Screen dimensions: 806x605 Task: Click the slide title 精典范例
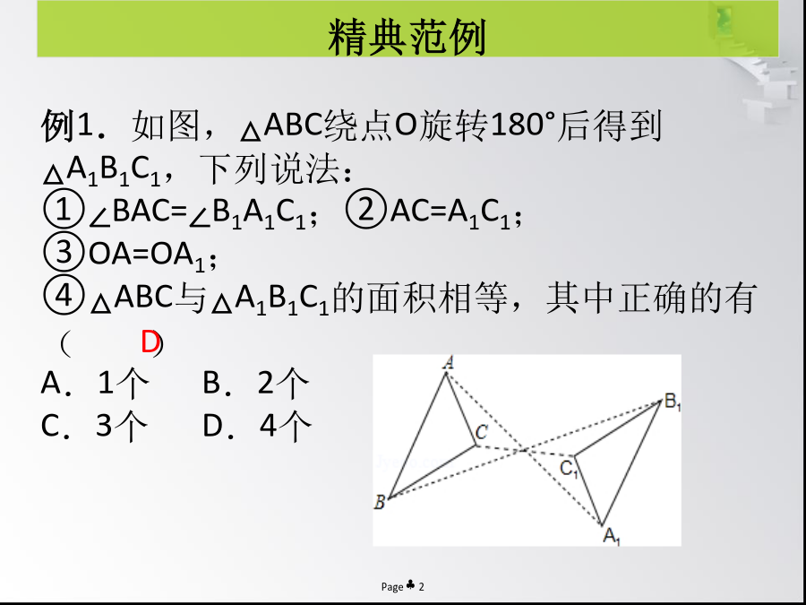point(407,37)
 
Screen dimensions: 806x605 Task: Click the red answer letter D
point(150,342)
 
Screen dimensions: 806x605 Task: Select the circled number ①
point(64,210)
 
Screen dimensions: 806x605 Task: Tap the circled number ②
point(366,210)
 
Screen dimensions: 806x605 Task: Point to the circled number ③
point(64,253)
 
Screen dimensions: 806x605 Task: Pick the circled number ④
point(64,296)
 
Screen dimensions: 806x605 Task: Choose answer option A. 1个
point(95,384)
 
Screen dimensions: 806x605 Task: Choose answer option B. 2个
point(256,384)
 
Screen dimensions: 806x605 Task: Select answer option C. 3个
point(94,426)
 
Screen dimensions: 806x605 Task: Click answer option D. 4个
point(257,426)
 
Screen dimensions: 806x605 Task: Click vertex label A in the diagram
point(449,363)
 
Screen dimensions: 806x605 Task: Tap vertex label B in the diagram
point(380,502)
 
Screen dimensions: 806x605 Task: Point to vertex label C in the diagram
point(481,432)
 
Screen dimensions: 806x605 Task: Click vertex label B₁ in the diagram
point(673,402)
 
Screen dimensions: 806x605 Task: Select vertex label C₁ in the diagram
point(569,469)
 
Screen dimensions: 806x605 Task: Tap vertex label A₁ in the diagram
point(612,537)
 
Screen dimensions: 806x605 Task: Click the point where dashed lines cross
point(524,450)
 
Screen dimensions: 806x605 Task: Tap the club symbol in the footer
point(411,585)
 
